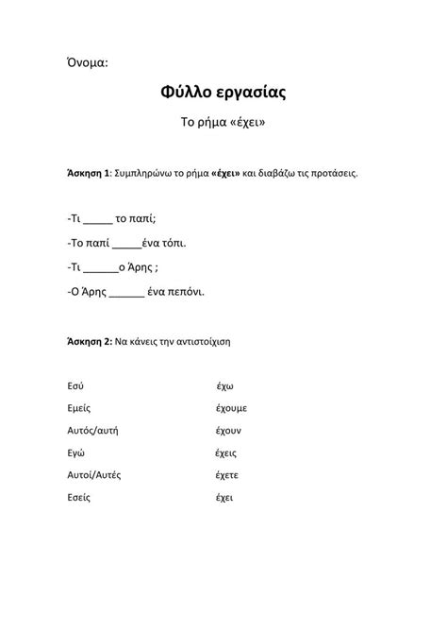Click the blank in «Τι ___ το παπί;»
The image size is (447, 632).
click(97, 219)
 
